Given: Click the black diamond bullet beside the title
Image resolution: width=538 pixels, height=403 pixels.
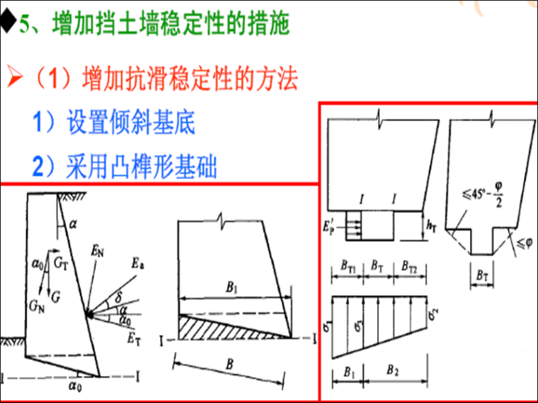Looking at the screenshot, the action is [x=8, y=23].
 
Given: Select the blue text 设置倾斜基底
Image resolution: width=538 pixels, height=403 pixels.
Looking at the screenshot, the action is [x=131, y=123].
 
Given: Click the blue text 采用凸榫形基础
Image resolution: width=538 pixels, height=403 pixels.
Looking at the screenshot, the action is [x=142, y=166].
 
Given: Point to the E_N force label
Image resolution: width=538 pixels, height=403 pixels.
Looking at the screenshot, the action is [x=98, y=252].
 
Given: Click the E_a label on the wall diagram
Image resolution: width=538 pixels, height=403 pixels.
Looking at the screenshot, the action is [x=137, y=264].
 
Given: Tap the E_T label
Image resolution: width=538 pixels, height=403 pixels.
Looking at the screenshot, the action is [x=134, y=339].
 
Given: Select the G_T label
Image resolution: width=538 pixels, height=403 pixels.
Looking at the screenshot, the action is [x=61, y=264].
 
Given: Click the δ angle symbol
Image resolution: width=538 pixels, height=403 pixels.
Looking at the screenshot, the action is [x=118, y=298].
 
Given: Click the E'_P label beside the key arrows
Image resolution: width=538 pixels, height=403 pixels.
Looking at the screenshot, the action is [x=328, y=227].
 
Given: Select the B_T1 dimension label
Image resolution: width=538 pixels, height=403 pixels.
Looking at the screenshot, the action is [x=348, y=266].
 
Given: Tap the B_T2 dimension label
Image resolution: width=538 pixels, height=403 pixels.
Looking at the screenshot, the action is [x=409, y=266].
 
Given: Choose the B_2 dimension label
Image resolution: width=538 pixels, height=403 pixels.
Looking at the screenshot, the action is [x=392, y=370].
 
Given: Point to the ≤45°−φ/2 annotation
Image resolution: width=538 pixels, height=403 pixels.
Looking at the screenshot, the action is [x=483, y=195].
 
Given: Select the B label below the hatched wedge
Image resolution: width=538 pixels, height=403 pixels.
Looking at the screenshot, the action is [x=229, y=364].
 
